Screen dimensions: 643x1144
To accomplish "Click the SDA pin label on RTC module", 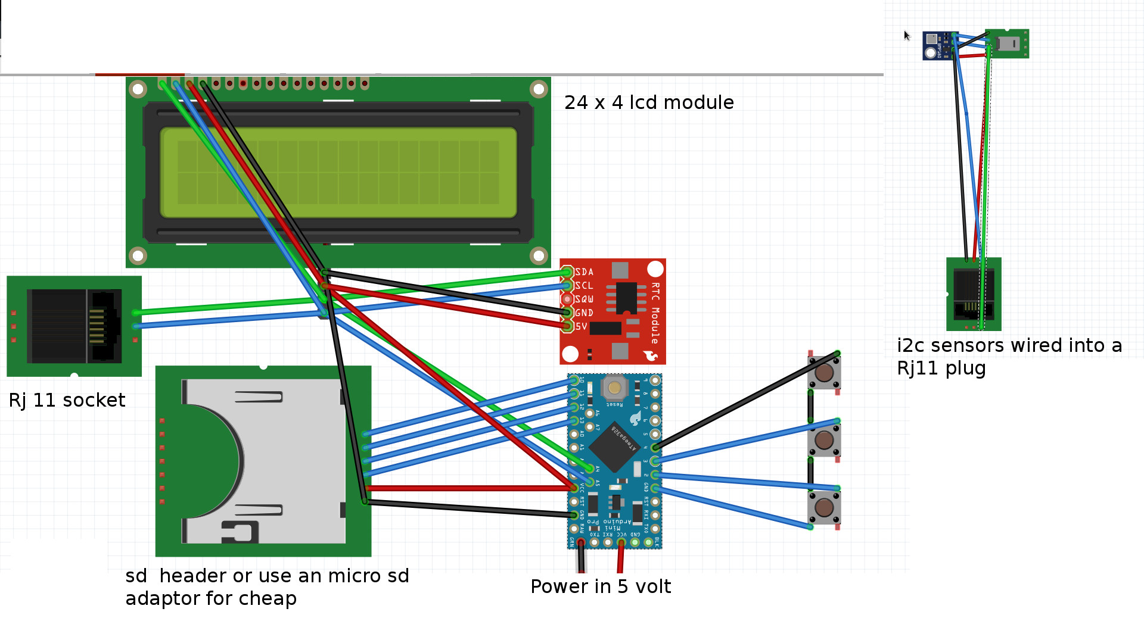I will pyautogui.click(x=584, y=272).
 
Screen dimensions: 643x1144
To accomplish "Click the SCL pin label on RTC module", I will pyautogui.click(x=584, y=286).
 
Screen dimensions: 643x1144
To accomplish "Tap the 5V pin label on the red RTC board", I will pyautogui.click(x=581, y=326).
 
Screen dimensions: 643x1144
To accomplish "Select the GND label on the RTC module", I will pyautogui.click(x=584, y=313).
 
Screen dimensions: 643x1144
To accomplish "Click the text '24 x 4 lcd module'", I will pyautogui.click(x=649, y=102).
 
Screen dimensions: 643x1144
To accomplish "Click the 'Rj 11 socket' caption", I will pyautogui.click(x=67, y=400).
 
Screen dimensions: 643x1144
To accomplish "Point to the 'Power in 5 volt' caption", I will pyautogui.click(x=601, y=586).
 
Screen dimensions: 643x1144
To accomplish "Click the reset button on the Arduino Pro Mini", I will pyautogui.click(x=614, y=388).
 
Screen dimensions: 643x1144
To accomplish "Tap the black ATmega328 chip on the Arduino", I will pyautogui.click(x=614, y=447).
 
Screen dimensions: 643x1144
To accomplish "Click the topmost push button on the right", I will pyautogui.click(x=824, y=373).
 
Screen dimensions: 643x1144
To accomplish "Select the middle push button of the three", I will pyautogui.click(x=824, y=440).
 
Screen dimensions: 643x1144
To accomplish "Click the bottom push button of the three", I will pyautogui.click(x=824, y=507).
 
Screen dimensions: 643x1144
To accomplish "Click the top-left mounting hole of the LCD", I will pyautogui.click(x=138, y=89).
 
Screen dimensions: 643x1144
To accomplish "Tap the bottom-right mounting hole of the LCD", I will pyautogui.click(x=539, y=255).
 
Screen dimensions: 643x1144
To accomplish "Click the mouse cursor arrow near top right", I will pyautogui.click(x=906, y=35).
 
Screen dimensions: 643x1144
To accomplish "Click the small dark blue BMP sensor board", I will pyautogui.click(x=938, y=46).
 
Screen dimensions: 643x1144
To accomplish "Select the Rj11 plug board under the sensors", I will pyautogui.click(x=974, y=294).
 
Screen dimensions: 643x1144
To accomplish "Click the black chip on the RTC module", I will pyautogui.click(x=626, y=297).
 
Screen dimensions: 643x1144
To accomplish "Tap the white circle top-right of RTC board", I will pyautogui.click(x=655, y=269).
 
